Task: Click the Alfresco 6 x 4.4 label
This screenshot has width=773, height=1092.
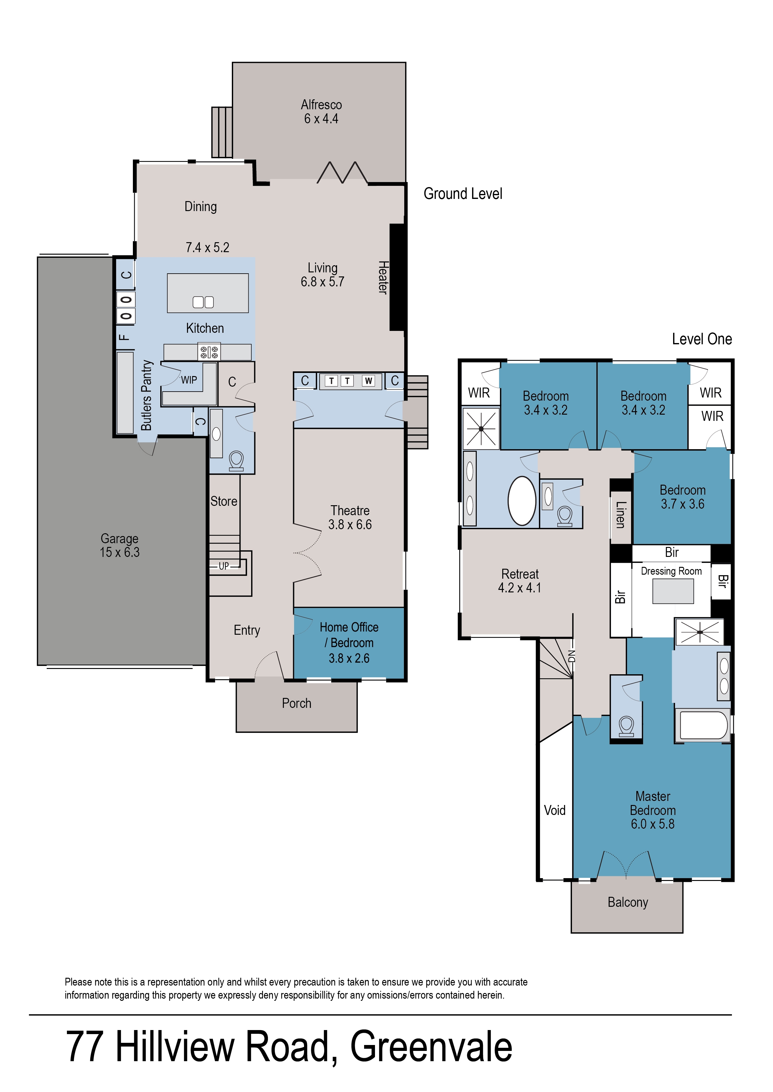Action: pyautogui.click(x=321, y=112)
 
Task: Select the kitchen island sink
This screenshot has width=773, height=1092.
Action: pyautogui.click(x=203, y=302)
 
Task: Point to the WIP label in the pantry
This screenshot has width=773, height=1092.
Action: pyautogui.click(x=189, y=380)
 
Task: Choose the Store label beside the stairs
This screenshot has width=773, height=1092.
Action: pyautogui.click(x=224, y=501)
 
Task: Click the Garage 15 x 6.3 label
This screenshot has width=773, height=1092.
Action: pyautogui.click(x=119, y=545)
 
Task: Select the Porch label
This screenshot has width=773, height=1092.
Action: pyautogui.click(x=297, y=703)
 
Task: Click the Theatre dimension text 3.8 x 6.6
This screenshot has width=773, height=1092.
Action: pyautogui.click(x=350, y=525)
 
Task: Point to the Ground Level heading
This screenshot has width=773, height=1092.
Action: pyautogui.click(x=463, y=194)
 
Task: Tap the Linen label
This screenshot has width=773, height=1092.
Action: pyautogui.click(x=620, y=515)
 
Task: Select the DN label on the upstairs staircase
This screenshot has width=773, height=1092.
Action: pyautogui.click(x=572, y=656)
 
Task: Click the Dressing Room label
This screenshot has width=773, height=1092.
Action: pyautogui.click(x=671, y=571)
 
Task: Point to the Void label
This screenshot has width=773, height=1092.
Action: pyautogui.click(x=555, y=810)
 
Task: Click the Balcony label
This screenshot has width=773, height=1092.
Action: pyautogui.click(x=628, y=902)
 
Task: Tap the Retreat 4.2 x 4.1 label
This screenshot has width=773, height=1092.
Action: pyautogui.click(x=520, y=581)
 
